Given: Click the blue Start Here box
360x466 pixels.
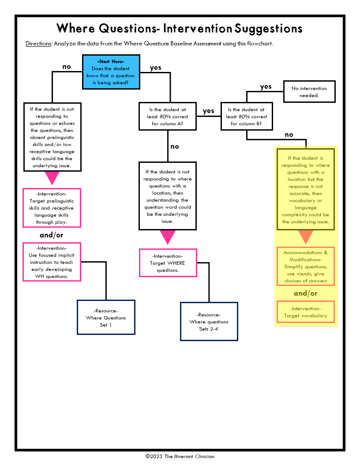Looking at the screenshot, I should (x=111, y=71).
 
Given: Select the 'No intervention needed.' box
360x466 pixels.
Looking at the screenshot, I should (x=309, y=92).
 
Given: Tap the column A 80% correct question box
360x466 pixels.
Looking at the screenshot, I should (x=168, y=116).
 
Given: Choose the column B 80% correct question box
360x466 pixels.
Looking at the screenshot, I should (x=247, y=116).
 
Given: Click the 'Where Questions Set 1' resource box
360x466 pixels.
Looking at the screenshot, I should (x=106, y=318).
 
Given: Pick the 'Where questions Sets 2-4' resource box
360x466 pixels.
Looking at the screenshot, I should (x=209, y=322).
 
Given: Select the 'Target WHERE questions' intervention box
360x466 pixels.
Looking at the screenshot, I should (x=168, y=263).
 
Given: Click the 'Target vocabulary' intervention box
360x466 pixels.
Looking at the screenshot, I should (x=305, y=312).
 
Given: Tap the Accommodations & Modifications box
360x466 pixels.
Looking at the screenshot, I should (x=305, y=267).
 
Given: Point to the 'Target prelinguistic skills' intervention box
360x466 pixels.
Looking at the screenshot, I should (x=52, y=208).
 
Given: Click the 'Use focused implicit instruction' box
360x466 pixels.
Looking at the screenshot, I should (x=52, y=262).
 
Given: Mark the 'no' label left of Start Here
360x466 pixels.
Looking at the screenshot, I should (x=67, y=67).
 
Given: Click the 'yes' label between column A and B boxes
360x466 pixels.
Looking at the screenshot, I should (x=208, y=111).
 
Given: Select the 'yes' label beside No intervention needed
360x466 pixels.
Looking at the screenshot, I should (x=266, y=86).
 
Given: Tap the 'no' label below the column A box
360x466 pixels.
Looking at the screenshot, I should (x=175, y=147).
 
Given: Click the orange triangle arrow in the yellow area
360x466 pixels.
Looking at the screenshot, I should (x=305, y=237).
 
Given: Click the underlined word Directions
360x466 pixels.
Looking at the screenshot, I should (x=38, y=44).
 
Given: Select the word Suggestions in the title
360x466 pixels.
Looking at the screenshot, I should (x=269, y=29).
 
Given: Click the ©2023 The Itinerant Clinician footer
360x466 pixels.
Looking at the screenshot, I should (x=180, y=456).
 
